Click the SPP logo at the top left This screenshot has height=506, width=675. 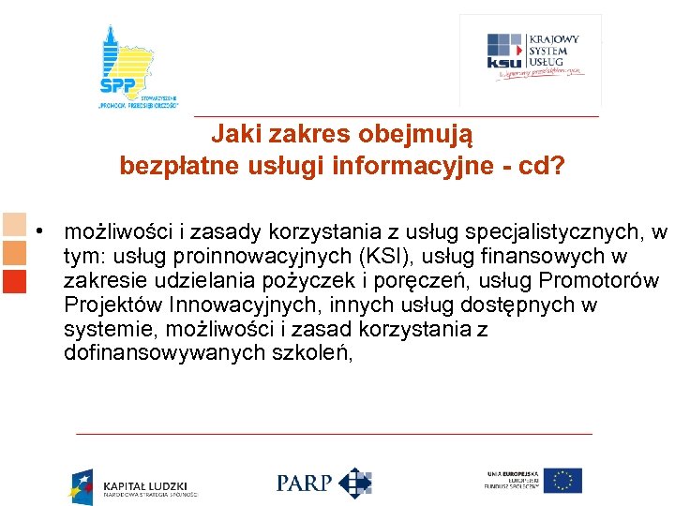pos(139,67)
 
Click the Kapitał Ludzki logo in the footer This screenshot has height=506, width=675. pos(134,485)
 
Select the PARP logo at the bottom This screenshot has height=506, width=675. pos(324,483)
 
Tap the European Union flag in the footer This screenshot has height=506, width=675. pos(563,481)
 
